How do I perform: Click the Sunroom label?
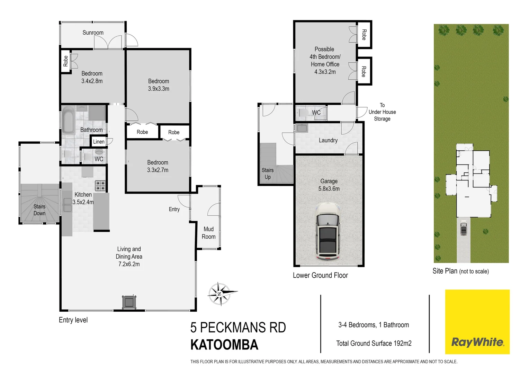[x=93, y=33]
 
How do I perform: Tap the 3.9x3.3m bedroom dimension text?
[x=159, y=89]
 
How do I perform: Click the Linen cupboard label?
[x=99, y=142]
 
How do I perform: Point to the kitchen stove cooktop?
[x=100, y=186]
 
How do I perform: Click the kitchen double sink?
[x=67, y=205]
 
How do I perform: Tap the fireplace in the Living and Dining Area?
[x=129, y=302]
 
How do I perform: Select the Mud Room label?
[x=208, y=233]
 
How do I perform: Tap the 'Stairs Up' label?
[x=268, y=173]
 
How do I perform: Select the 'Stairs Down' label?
[x=39, y=210]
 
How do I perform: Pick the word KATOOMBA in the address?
[x=224, y=345]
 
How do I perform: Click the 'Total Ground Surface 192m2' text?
[x=374, y=343]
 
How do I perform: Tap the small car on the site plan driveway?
[x=464, y=228]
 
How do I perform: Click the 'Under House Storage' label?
[x=382, y=112]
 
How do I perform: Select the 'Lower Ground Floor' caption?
[x=320, y=275]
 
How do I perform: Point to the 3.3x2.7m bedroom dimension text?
[x=158, y=170]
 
